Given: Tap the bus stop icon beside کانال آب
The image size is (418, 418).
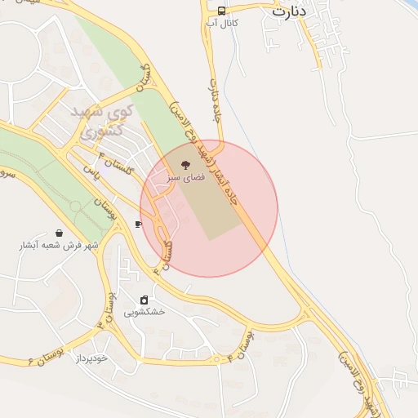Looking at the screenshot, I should pyautogui.click(x=222, y=10).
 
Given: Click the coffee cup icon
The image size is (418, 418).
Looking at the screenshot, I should pyautogui.click(x=138, y=223).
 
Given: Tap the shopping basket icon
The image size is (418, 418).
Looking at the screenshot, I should pyautogui.click(x=58, y=233).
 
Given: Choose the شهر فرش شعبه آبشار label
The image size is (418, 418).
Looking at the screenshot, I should pyautogui.click(x=59, y=245).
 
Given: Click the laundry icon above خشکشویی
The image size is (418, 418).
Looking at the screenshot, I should pyautogui.click(x=145, y=300).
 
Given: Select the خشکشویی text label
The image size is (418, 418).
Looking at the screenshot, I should pyautogui.click(x=145, y=312).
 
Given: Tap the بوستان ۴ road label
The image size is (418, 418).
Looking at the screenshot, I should pyautogui.click(x=242, y=343).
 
